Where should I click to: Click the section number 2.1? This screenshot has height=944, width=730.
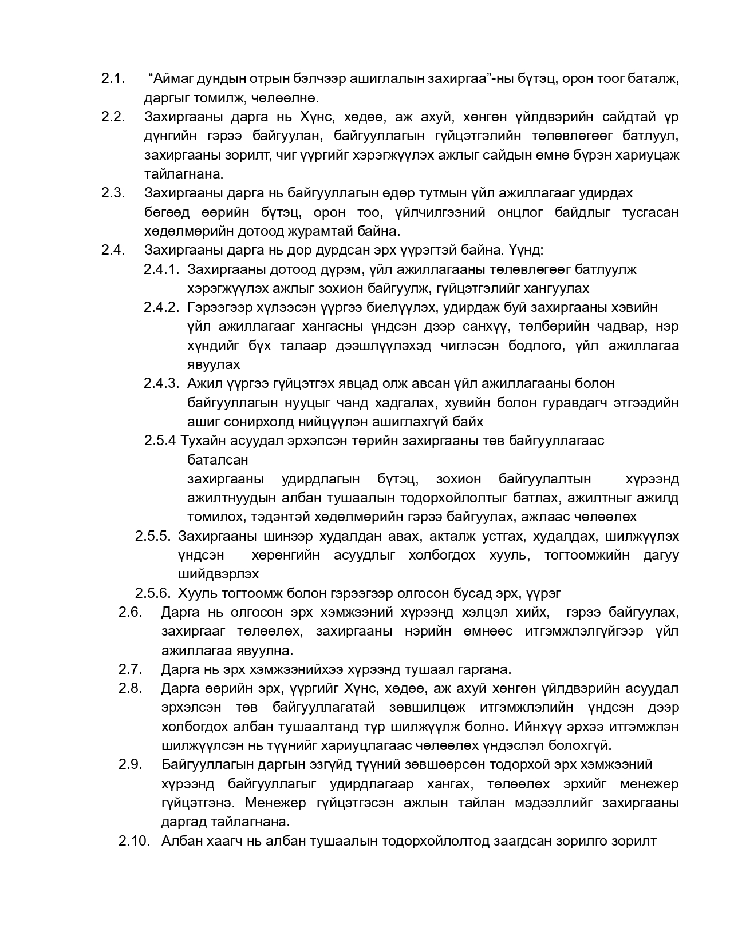(x=113, y=79)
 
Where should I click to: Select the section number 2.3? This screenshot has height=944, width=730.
(x=113, y=193)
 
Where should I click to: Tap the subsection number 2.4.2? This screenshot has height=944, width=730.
(x=161, y=307)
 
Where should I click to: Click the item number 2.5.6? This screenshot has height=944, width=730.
(x=153, y=593)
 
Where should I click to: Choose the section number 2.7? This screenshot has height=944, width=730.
(x=130, y=669)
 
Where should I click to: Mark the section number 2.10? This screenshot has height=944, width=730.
(x=135, y=840)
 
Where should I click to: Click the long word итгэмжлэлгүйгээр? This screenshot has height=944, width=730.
(x=583, y=631)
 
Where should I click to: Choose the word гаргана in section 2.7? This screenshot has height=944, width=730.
(x=482, y=669)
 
